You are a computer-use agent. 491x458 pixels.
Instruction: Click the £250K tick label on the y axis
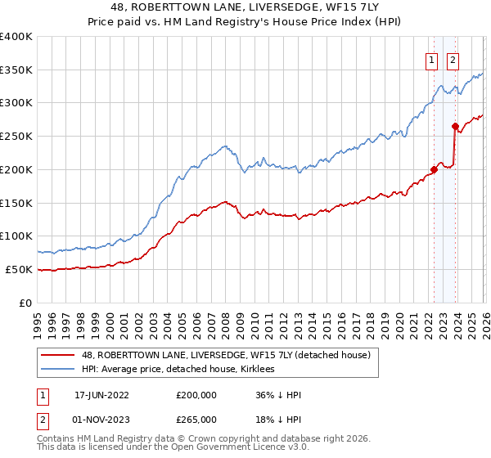point(16,136)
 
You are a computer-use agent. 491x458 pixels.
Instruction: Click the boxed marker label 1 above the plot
point(431,59)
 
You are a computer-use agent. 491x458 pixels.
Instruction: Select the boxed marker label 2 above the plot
point(453,59)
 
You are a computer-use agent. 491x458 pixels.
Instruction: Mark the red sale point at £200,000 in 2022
point(434,170)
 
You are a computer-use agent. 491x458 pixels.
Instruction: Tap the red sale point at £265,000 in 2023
point(454,126)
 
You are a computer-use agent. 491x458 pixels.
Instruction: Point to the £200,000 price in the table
point(196,395)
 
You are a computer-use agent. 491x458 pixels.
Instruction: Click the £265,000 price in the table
point(196,420)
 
